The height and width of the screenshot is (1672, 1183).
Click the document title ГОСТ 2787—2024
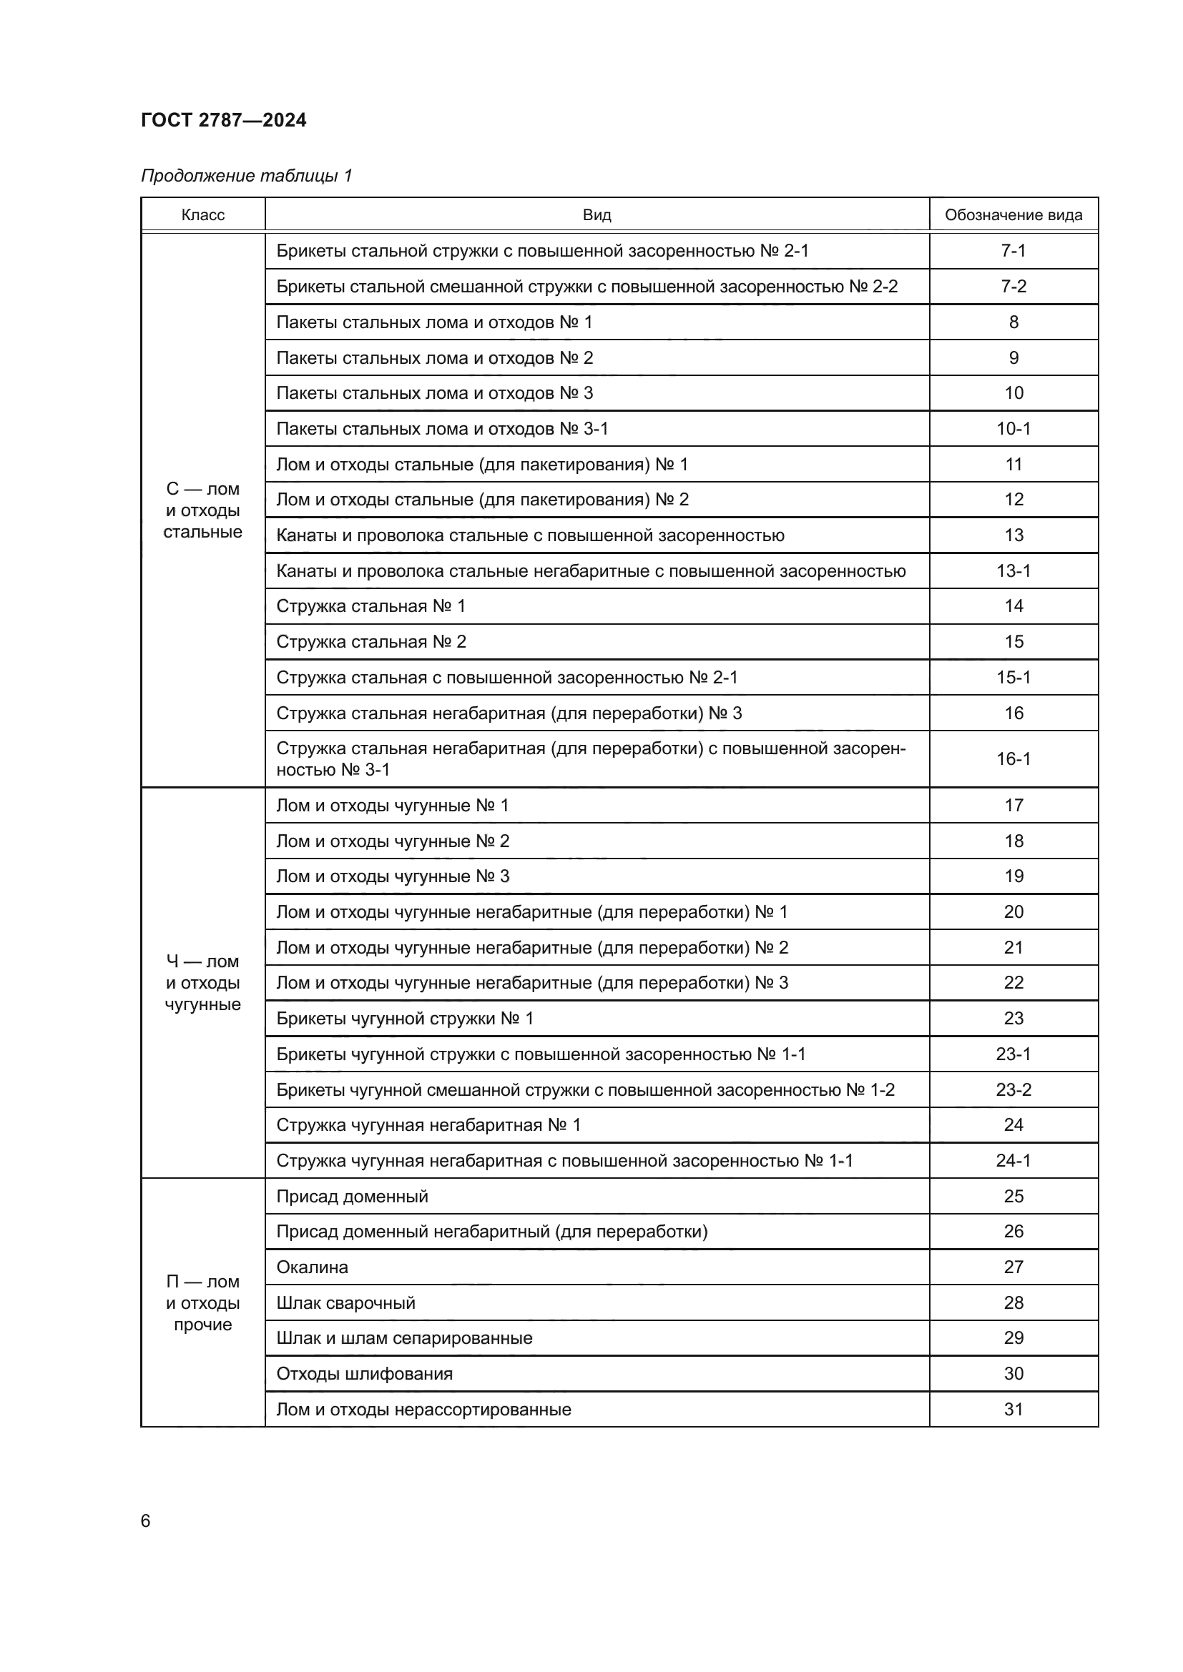tap(224, 120)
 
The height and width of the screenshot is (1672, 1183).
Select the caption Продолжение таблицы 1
tap(246, 176)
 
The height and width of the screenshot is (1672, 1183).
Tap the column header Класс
tap(202, 215)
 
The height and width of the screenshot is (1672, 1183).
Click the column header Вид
tap(597, 215)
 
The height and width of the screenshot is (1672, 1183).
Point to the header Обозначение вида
tap(1013, 215)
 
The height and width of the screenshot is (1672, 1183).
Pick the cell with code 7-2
tap(1013, 286)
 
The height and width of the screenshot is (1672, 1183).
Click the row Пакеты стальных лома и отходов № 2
tap(434, 357)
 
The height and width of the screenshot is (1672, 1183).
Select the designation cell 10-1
tap(1013, 428)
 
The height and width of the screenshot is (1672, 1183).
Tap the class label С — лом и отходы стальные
tap(202, 510)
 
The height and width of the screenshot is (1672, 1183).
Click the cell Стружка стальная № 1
tap(370, 606)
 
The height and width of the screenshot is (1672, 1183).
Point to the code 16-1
tap(1013, 759)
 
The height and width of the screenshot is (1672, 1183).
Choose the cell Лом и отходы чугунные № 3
tap(393, 876)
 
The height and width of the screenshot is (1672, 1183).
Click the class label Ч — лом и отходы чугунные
tap(202, 982)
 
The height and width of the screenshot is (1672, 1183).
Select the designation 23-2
tap(1013, 1089)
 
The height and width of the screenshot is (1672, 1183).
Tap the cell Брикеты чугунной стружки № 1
tap(404, 1018)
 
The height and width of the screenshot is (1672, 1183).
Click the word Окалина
tap(312, 1267)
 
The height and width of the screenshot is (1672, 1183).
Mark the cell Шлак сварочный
tap(345, 1303)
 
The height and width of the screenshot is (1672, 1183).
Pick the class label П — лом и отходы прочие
tap(202, 1303)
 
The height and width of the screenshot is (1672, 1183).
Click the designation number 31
tap(1013, 1409)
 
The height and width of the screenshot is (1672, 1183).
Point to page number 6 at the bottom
tap(146, 1520)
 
